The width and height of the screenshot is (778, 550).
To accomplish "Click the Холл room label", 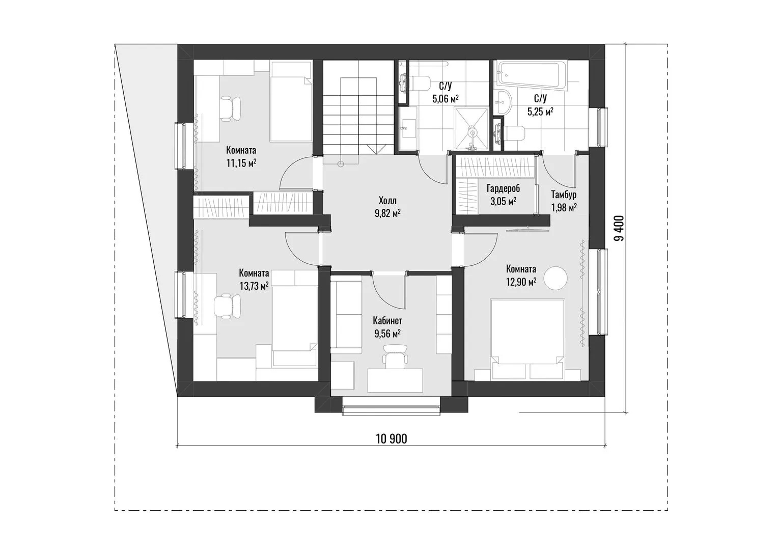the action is pyautogui.click(x=387, y=201).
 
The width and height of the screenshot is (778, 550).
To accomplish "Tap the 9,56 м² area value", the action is pyautogui.click(x=387, y=334).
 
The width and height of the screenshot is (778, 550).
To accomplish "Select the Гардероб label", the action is pyautogui.click(x=503, y=188).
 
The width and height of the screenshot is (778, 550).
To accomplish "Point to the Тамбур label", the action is pyautogui.click(x=564, y=194).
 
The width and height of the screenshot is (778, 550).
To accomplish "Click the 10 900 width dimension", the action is pyautogui.click(x=392, y=439).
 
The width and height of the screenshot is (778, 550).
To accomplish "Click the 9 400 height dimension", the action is pyautogui.click(x=619, y=228).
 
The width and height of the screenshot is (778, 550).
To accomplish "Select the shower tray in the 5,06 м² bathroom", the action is pyautogui.click(x=471, y=128).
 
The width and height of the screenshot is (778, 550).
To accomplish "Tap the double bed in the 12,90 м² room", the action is pyautogui.click(x=527, y=339).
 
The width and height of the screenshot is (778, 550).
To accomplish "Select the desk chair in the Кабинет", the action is pyautogui.click(x=395, y=357).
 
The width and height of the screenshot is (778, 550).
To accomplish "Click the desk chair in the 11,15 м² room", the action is pyautogui.click(x=230, y=108).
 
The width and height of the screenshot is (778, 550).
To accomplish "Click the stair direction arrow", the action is pyautogui.click(x=375, y=149).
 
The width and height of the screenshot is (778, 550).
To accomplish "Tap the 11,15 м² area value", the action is pyautogui.click(x=241, y=163).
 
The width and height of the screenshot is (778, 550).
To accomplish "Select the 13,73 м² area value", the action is pyautogui.click(x=254, y=286).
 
